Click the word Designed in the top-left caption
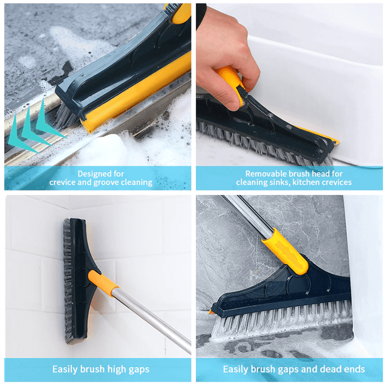coord(90,174)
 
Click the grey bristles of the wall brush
coord(68,281)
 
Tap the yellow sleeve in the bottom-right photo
coord(286,251)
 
